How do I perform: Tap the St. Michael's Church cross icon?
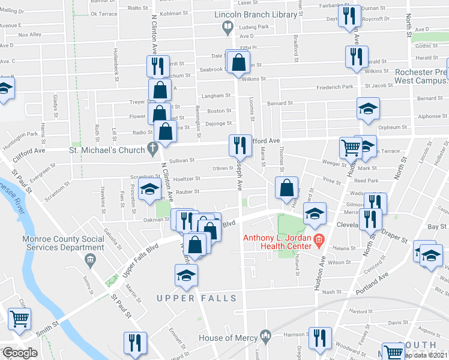tap(153, 149)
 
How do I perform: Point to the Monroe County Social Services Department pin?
tap(90, 260)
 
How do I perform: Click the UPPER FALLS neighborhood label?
tap(184, 298)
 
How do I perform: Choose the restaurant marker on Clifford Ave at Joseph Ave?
tap(238, 145)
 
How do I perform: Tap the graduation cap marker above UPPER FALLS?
tap(186, 275)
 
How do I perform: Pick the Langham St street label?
tap(216, 95)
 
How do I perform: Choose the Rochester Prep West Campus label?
tap(421, 76)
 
